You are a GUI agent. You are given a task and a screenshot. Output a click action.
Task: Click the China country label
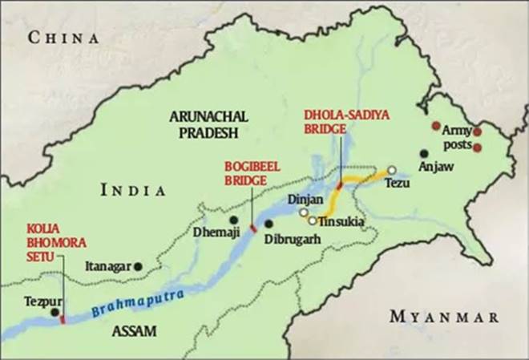63,38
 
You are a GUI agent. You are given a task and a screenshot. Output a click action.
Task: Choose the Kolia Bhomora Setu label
42,238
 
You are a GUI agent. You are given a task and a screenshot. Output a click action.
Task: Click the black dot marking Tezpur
55,312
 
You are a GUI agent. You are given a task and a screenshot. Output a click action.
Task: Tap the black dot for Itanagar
138,265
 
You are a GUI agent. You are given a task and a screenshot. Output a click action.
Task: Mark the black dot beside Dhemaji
233,219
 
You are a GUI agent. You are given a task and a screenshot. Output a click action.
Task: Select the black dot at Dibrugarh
269,224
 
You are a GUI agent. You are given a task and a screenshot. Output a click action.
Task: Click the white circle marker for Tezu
391,170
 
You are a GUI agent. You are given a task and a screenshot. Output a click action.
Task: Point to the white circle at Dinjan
304,212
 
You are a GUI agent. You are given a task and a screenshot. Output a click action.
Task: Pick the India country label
133,191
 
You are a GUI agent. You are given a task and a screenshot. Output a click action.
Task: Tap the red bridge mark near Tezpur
62,320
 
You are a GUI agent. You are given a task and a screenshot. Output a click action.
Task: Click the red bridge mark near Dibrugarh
254,229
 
